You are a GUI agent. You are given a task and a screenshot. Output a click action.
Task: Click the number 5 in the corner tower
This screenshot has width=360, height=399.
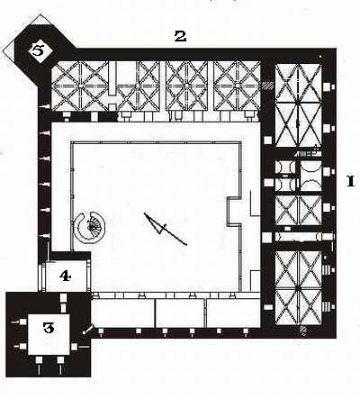coord(38,50)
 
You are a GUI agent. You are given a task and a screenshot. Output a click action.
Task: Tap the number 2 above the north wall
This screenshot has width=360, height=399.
coord(180,36)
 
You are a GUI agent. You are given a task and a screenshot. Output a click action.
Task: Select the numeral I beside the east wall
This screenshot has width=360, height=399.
coord(351,181)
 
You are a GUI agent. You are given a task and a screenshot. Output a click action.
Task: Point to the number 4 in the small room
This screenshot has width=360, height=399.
coord(65,276)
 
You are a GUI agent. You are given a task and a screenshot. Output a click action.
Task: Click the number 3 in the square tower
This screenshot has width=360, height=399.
coord(49,328)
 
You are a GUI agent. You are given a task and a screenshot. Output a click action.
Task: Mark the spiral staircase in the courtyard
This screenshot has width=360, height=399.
coord(89,226)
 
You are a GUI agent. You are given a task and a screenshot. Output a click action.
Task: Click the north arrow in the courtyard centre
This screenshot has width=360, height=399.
coord(166,229)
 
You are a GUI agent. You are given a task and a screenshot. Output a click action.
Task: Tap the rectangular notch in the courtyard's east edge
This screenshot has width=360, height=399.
coord(234,211)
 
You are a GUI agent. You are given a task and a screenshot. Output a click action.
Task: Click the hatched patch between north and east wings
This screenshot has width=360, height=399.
coord(267,86)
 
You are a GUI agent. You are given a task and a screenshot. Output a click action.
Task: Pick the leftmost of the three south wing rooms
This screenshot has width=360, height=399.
coord(123,313)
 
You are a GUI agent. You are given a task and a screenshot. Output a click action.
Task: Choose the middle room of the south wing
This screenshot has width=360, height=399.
coord(180,313)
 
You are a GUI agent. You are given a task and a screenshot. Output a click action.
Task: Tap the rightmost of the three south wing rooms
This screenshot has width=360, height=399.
coord(233,313)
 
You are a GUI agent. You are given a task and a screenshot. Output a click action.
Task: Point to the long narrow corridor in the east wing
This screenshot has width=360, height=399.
coord(304,237)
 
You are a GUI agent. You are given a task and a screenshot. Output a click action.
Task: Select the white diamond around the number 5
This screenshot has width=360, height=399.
coord(38,50)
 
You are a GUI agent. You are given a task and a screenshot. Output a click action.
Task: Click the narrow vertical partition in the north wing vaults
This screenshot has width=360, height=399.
coord(112,79)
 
